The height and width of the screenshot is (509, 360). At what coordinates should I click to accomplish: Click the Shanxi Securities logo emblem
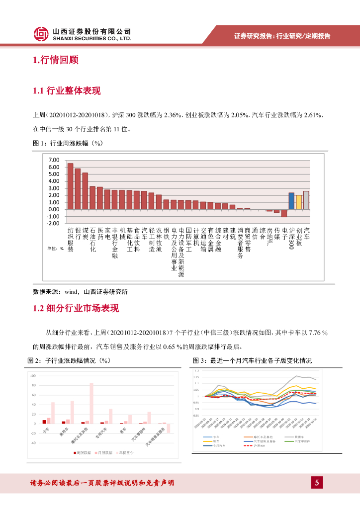41,34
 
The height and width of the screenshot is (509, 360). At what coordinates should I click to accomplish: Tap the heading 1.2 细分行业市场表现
76,308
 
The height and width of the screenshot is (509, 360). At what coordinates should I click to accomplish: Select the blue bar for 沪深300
291,201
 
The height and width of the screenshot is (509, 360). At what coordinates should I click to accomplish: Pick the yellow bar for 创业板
298,202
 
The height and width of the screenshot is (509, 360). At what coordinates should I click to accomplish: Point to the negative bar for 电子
284,213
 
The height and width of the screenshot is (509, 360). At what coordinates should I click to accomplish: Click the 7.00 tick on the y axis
54,160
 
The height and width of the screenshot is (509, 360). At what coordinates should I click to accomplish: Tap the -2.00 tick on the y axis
53,223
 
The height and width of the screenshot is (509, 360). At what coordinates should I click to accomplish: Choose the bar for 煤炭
85,191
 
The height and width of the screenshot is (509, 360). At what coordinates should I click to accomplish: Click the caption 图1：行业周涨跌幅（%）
67,143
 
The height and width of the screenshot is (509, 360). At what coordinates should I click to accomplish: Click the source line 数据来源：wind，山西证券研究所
80,292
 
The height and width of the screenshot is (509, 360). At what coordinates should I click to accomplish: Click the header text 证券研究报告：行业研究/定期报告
282,36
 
